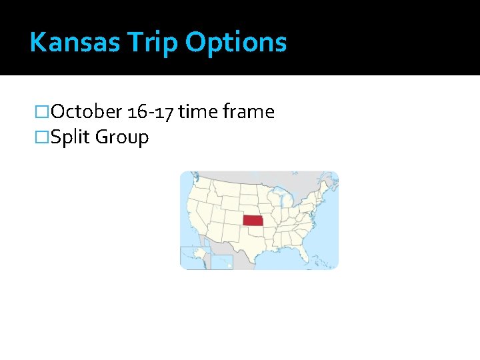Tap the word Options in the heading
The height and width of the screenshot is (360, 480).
(237, 43)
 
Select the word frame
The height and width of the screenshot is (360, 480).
(248, 111)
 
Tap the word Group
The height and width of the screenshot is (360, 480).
(122, 137)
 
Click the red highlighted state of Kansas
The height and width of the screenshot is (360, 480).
(253, 221)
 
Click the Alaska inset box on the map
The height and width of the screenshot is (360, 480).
(193, 257)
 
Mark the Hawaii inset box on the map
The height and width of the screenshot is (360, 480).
(221, 261)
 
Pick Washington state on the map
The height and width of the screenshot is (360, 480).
(200, 182)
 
